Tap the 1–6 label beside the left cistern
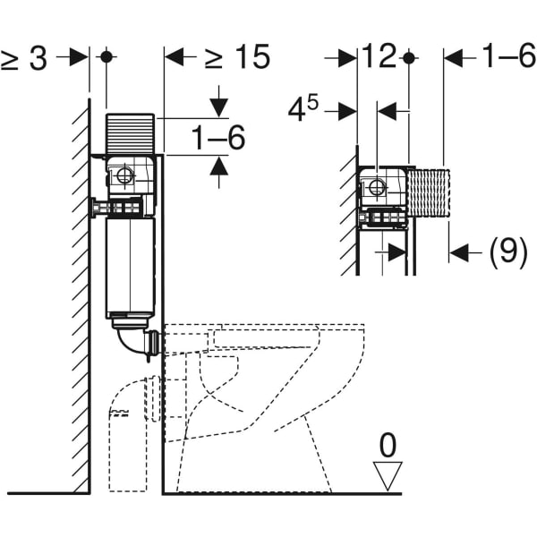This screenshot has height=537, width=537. pos(218,138)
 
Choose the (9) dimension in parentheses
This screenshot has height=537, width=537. pos(508,253)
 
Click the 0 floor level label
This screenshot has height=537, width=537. pos(388,445)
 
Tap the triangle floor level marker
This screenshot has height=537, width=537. pos(388,475)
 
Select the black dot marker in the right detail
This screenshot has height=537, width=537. pos(408,57)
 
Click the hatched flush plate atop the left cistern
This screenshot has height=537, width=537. pos(132,133)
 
